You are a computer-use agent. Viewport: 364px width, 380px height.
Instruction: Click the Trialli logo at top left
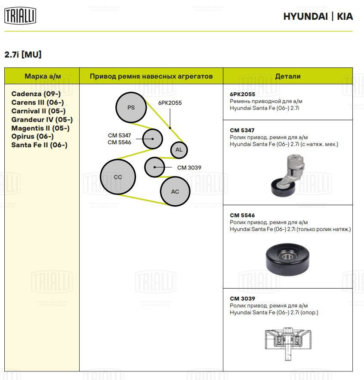pyautogui.click(x=20, y=16)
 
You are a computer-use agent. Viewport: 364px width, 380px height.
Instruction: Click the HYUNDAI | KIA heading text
pyautogui.click(x=318, y=16)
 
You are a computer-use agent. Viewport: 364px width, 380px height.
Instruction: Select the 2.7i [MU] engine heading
pyautogui.click(x=23, y=55)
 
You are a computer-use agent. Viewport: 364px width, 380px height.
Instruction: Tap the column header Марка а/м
pyautogui.click(x=43, y=76)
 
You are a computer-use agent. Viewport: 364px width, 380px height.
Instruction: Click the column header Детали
pyautogui.click(x=287, y=76)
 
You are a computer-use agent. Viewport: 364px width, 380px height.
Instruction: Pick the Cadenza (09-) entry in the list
pyautogui.click(x=36, y=94)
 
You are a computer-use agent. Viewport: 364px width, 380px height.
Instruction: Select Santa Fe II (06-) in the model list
pyautogui.click(x=39, y=145)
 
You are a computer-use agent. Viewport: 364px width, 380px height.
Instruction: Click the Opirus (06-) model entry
pyautogui.click(x=32, y=136)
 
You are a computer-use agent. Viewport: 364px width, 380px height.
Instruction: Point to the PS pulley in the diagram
pyautogui.click(x=131, y=107)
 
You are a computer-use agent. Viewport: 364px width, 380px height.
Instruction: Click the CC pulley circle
pyautogui.click(x=118, y=176)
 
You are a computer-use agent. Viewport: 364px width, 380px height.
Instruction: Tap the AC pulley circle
pyautogui.click(x=175, y=192)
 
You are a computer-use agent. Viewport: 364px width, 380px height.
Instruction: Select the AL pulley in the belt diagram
pyautogui.click(x=179, y=150)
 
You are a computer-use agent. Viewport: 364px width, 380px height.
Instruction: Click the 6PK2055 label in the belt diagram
pyautogui.click(x=170, y=103)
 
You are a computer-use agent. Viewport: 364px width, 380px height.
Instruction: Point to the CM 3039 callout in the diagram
pyautogui.click(x=189, y=167)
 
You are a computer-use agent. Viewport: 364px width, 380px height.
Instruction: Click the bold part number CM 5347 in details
pyautogui.click(x=242, y=130)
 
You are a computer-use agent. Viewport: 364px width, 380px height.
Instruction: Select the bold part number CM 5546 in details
pyautogui.click(x=242, y=215)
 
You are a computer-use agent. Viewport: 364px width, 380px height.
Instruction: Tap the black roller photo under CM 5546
pyautogui.click(x=287, y=260)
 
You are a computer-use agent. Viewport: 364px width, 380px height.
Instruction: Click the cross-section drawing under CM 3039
pyautogui.click(x=287, y=341)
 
